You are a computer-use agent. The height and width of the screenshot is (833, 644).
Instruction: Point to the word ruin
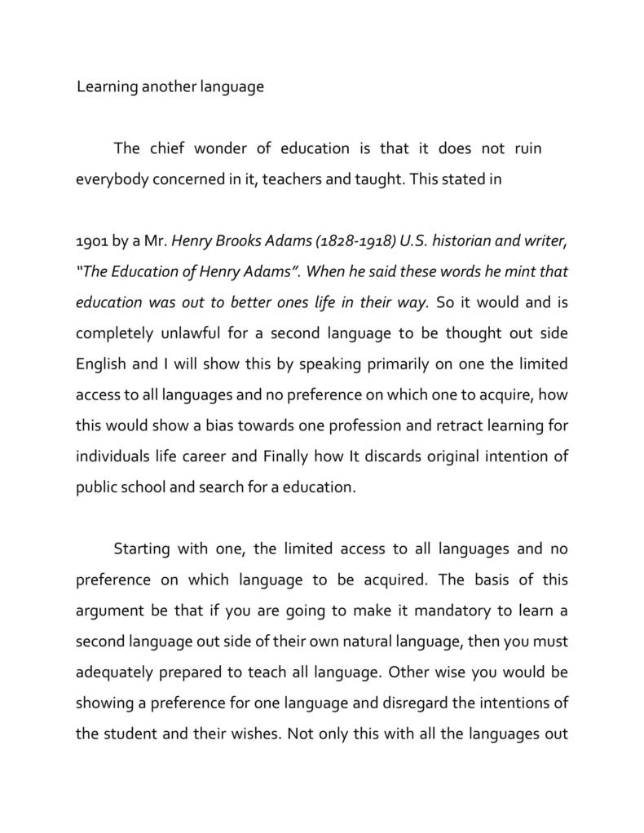pos(527,148)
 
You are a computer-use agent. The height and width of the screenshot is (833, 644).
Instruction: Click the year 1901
pos(91,241)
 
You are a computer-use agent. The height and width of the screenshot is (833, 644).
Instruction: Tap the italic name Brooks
pos(249,241)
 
